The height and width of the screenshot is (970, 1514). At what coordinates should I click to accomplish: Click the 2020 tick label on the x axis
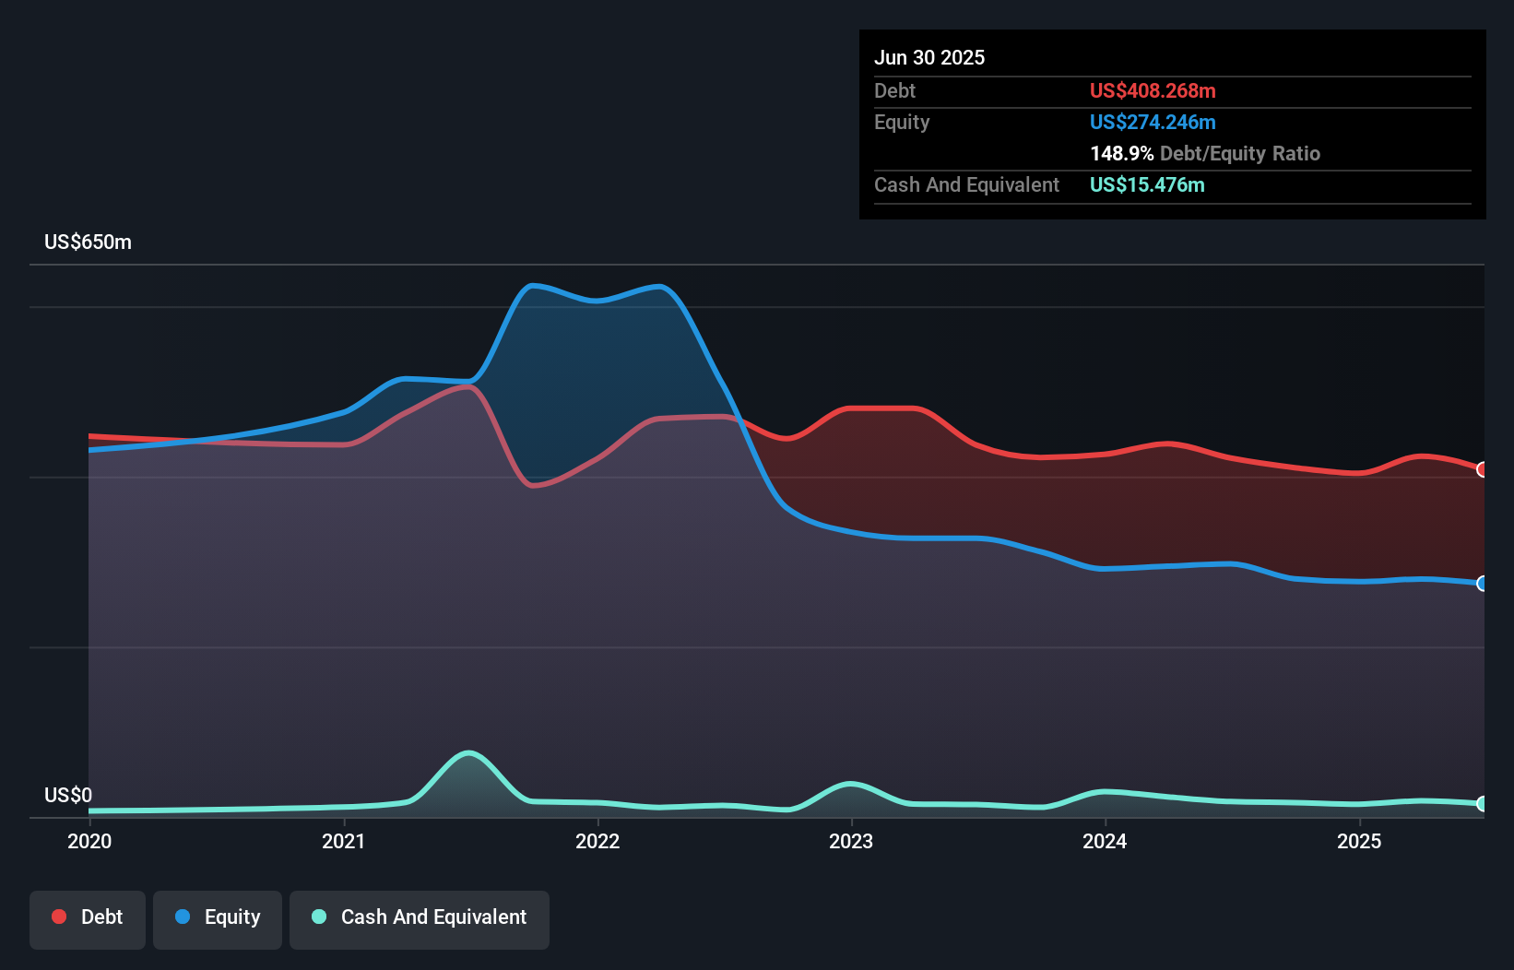89,841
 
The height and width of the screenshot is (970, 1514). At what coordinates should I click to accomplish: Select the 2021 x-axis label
343,841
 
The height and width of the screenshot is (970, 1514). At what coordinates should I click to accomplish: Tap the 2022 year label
597,841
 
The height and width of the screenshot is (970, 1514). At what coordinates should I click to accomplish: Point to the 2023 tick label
851,841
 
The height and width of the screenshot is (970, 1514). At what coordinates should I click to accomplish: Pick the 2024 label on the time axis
1105,841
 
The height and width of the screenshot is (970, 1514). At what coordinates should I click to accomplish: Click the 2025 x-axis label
1359,841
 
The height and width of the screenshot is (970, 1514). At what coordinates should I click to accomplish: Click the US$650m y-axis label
88,243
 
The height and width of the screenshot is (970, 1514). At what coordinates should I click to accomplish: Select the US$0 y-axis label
68,795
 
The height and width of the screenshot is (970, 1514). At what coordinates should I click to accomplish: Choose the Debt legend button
88,917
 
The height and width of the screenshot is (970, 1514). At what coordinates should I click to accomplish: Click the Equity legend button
218,917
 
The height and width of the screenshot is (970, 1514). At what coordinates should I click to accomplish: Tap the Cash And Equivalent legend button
420,917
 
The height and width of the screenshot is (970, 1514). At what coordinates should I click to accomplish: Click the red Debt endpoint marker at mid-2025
1483,469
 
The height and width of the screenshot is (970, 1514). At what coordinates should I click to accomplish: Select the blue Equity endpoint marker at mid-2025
1483,584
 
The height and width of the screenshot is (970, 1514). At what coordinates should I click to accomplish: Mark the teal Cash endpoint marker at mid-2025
1483,804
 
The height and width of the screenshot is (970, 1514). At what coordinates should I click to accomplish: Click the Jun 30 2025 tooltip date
929,57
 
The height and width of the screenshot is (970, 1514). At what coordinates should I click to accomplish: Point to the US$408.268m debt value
1153,90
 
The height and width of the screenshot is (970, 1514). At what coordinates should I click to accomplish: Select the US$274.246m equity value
1153,122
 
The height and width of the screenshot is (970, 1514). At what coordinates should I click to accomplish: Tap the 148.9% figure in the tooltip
1121,153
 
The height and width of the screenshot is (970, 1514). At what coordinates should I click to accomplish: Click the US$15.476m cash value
1147,184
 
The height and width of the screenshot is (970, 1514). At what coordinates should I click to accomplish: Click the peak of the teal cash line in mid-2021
469,753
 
